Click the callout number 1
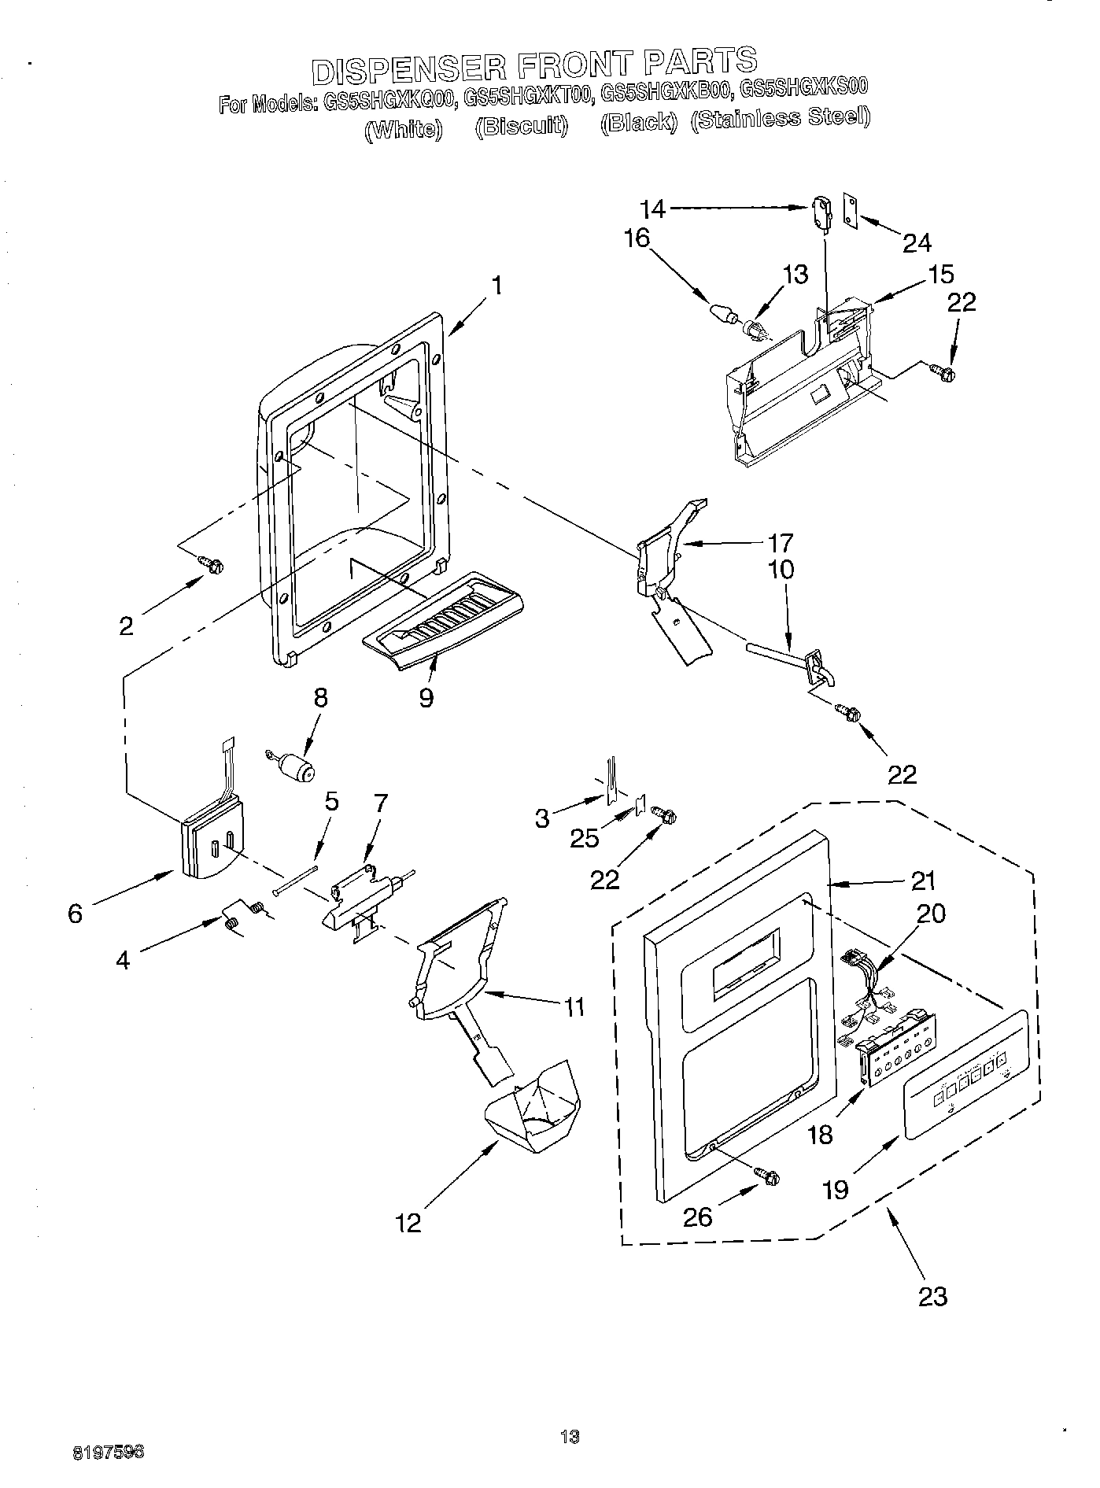pos(496,285)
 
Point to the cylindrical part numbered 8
pos(296,766)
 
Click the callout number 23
pos(932,1295)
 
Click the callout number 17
pos(781,543)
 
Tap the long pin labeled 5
pos(295,879)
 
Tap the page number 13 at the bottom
pos(569,1436)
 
